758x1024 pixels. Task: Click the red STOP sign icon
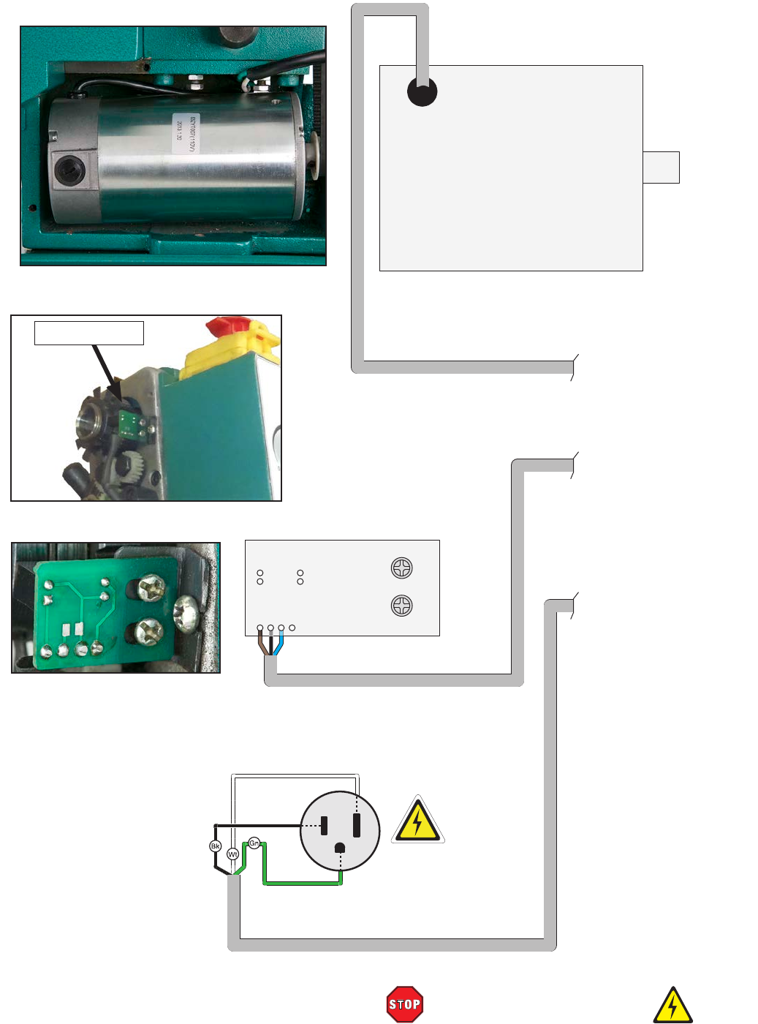point(404,1004)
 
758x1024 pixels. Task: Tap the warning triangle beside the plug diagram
point(417,820)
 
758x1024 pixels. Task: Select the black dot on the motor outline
point(422,92)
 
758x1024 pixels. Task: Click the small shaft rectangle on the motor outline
point(661,167)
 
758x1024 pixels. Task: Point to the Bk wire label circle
point(216,846)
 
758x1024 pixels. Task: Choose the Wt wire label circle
point(232,854)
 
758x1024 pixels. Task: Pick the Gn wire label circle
point(254,843)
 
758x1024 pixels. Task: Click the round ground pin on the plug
point(340,848)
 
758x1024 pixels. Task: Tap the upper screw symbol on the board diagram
point(402,568)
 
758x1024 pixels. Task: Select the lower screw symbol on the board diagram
point(402,606)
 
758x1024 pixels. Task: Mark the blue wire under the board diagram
point(279,644)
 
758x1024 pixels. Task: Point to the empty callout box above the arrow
point(89,333)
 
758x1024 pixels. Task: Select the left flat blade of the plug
point(325,826)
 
